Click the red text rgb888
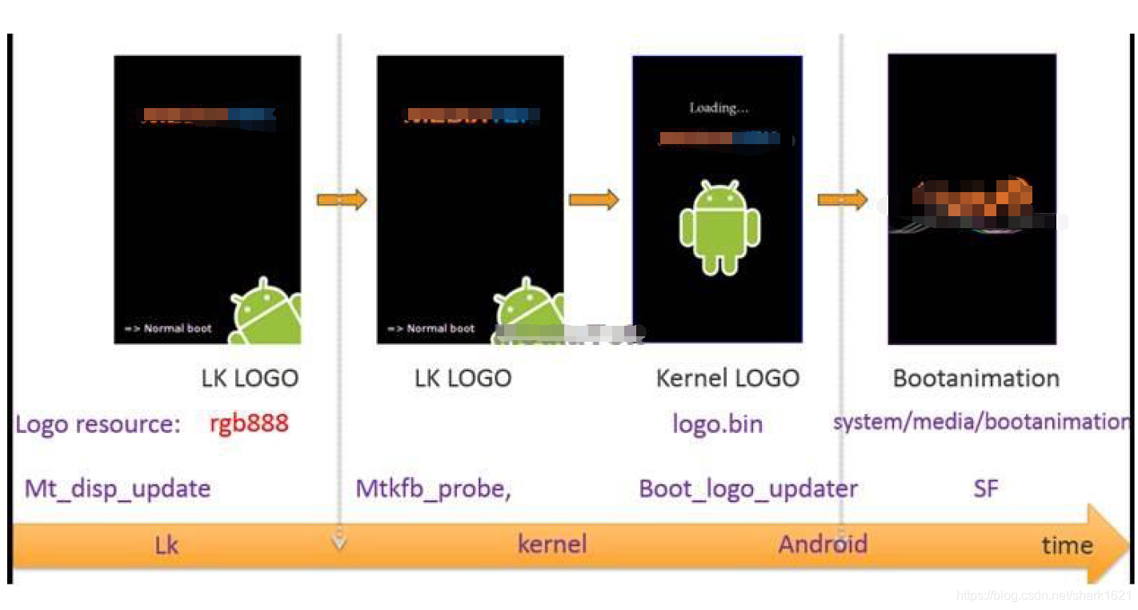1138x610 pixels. click(x=249, y=423)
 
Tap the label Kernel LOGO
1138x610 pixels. click(x=727, y=378)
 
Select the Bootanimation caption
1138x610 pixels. click(x=976, y=378)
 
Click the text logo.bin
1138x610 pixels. click(x=717, y=423)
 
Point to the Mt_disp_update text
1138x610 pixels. click(x=118, y=488)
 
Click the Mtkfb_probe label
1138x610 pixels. click(x=433, y=488)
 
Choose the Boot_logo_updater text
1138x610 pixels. click(x=748, y=488)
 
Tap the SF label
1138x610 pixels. click(x=985, y=488)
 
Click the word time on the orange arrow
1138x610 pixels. click(x=1067, y=545)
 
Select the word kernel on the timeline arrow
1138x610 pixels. click(x=552, y=544)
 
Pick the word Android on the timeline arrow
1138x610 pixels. click(x=823, y=544)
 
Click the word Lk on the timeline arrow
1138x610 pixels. click(x=166, y=545)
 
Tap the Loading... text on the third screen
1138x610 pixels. click(x=719, y=108)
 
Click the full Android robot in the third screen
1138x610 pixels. click(x=719, y=227)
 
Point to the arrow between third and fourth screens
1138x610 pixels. click(x=843, y=199)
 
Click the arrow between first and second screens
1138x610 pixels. click(x=342, y=199)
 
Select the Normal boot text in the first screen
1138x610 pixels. click(x=168, y=328)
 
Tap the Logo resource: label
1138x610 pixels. click(x=98, y=423)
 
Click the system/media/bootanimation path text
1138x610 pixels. click(x=981, y=422)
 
